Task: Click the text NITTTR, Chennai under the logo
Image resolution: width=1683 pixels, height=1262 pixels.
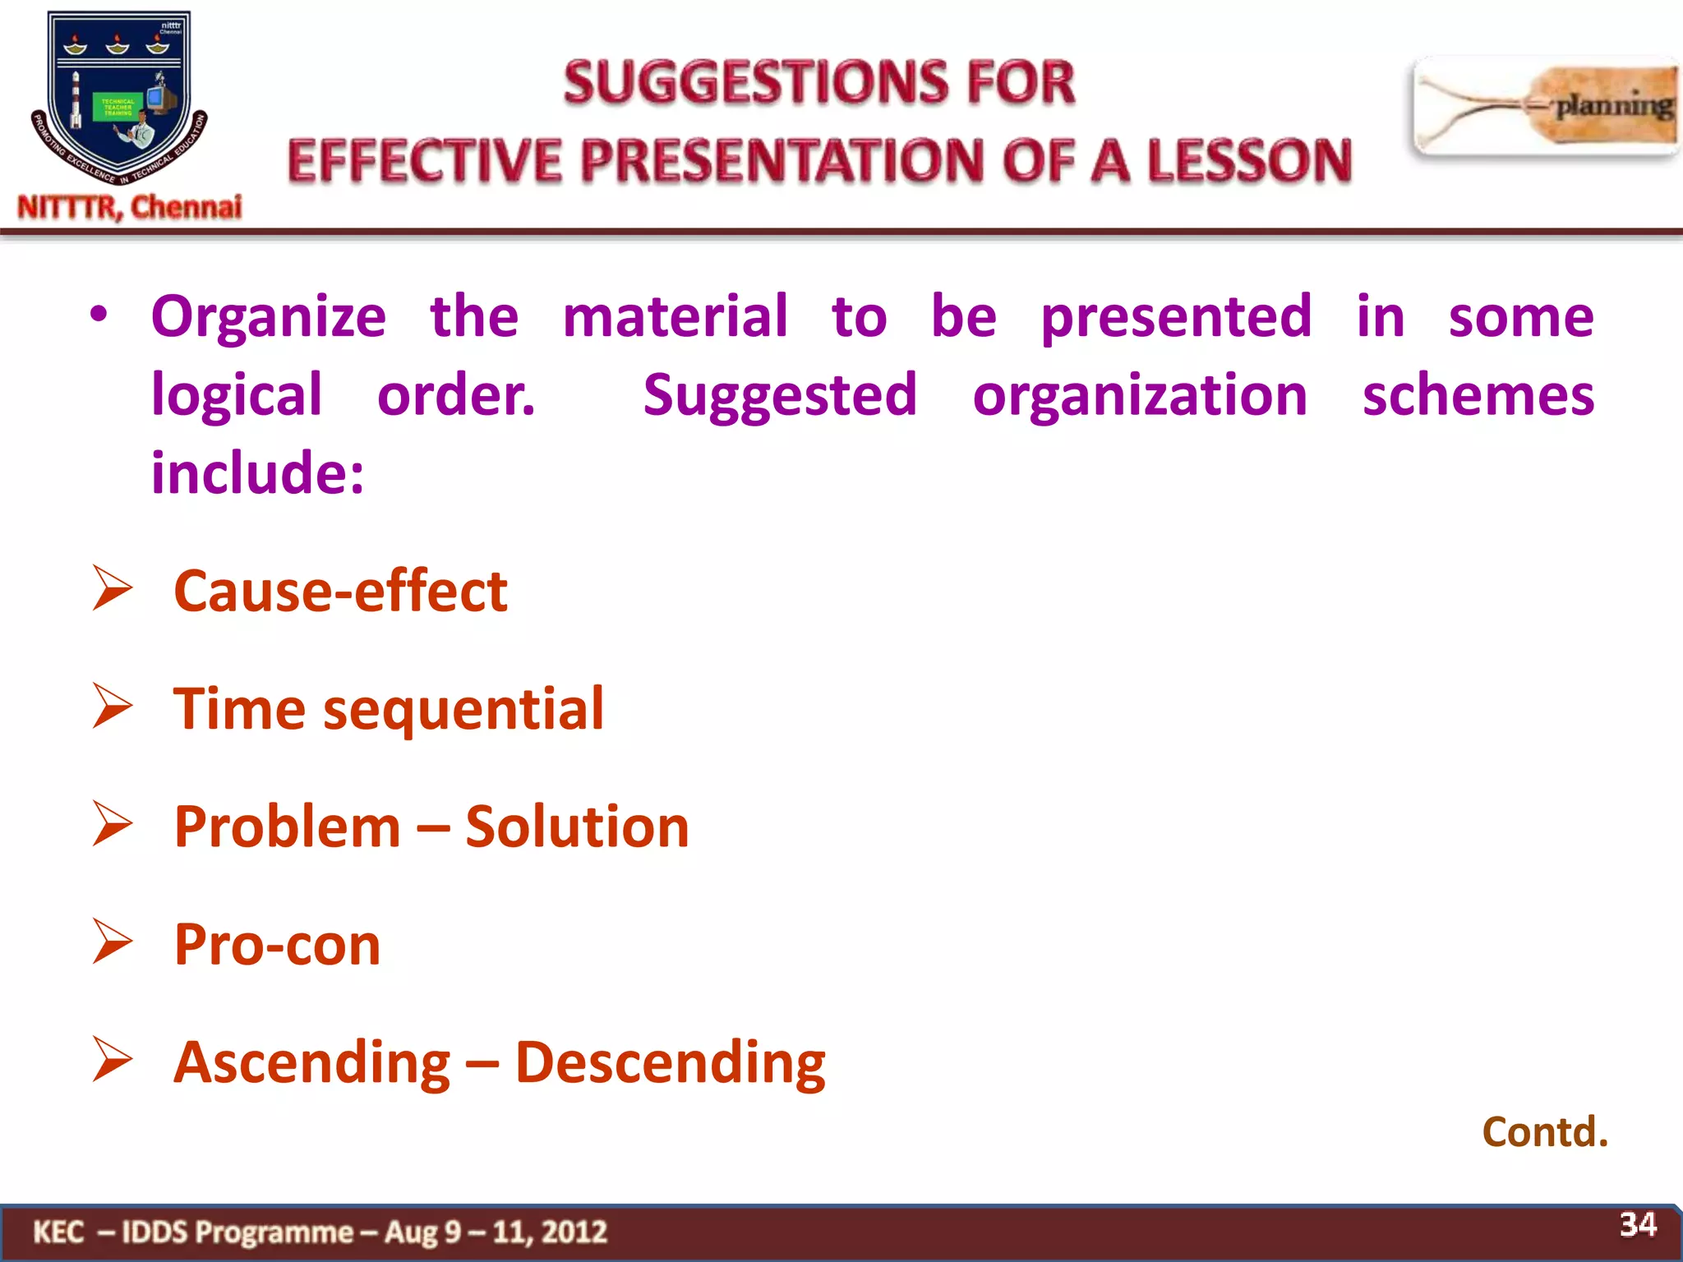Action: click(x=130, y=207)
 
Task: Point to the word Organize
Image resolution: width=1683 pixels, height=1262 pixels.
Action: click(x=268, y=318)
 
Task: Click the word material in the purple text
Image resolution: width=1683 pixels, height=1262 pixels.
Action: click(x=675, y=316)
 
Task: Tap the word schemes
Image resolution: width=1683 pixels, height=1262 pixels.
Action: click(x=1478, y=395)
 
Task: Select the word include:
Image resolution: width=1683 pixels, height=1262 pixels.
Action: click(x=257, y=474)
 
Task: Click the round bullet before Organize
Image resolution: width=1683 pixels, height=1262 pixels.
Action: click(x=99, y=315)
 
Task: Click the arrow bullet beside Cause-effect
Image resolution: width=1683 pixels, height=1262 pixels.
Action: click(x=112, y=588)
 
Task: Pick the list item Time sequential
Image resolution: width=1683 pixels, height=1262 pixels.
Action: click(x=388, y=709)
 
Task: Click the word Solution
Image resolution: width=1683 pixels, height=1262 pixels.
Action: click(x=577, y=827)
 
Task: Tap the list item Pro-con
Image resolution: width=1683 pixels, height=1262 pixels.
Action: click(x=277, y=945)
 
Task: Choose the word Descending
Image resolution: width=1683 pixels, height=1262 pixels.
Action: click(x=670, y=1063)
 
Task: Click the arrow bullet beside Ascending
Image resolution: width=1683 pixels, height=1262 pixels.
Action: click(x=112, y=1060)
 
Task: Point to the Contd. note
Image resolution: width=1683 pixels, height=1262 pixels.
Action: click(x=1544, y=1132)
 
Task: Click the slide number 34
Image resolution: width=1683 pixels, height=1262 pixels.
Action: click(x=1637, y=1224)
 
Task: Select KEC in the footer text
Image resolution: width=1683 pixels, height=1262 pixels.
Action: click(x=58, y=1232)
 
